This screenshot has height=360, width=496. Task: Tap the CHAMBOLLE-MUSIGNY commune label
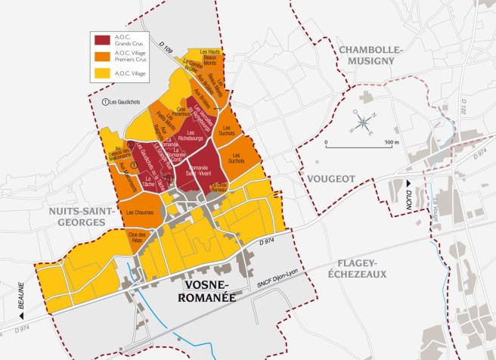pos(372,55)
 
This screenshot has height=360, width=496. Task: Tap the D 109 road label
pos(168,41)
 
